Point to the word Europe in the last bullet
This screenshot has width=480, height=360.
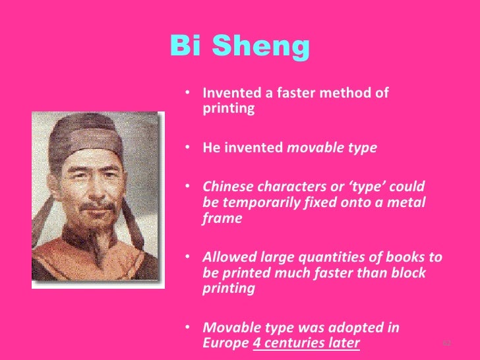225,343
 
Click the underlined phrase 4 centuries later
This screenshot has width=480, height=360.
307,343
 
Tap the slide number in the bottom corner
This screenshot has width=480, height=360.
446,344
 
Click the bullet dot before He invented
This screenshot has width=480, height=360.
189,148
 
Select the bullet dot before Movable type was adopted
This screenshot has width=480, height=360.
189,328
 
